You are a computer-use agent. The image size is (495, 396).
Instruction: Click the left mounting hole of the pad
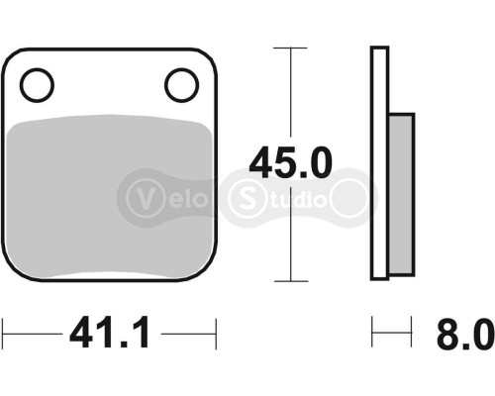(36, 85)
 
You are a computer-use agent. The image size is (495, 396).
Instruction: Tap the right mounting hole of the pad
(181, 85)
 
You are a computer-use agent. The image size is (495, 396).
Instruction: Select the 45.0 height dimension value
(290, 161)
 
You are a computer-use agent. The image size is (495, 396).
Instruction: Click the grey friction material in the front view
(109, 198)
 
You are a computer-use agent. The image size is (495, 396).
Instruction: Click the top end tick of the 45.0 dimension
(289, 48)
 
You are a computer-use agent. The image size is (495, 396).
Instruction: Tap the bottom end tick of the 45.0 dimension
(289, 281)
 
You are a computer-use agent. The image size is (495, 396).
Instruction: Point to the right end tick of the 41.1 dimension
(216, 333)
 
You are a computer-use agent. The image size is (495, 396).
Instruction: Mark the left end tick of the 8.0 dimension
(372, 333)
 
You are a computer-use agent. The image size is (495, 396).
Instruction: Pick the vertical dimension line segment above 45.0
(289, 94)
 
